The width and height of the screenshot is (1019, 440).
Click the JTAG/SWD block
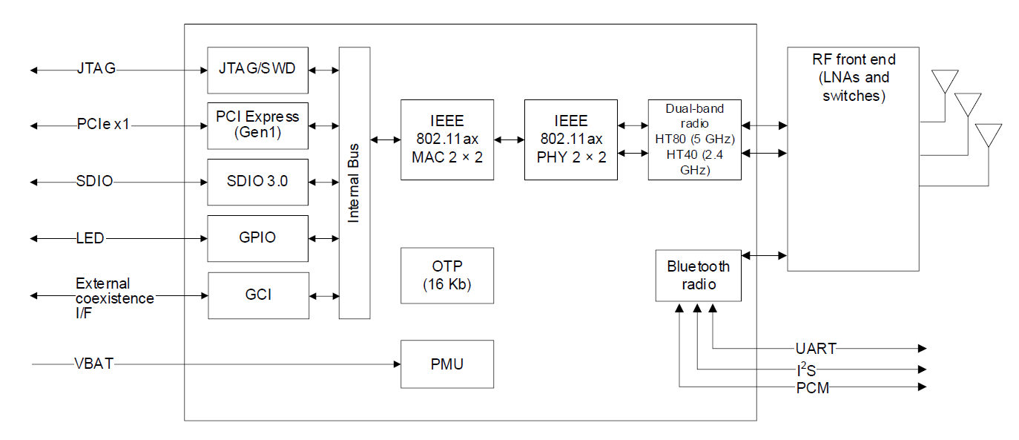coord(257,70)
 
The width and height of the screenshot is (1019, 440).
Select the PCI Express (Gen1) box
coord(257,125)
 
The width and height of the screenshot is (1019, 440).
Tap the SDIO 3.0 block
coord(257,182)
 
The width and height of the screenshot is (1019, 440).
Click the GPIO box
coord(257,238)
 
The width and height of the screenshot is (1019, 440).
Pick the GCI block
coord(258,295)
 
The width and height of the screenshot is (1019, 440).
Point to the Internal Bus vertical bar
coord(354,183)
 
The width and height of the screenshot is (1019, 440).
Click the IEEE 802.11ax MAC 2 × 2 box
coord(447,139)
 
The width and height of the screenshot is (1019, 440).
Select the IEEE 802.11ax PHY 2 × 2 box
coord(570,139)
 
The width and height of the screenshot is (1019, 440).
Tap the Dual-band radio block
coord(694,139)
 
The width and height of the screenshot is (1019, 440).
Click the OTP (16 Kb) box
coord(447,275)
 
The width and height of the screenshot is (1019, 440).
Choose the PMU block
coord(447,364)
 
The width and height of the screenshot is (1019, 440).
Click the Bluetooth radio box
coord(698,275)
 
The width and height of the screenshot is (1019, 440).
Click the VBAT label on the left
coord(94,364)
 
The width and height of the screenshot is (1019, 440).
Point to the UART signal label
coord(816,348)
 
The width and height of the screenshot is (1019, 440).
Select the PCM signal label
coord(813,387)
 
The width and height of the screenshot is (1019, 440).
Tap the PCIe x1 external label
coord(103,124)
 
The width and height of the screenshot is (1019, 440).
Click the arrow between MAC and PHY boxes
coord(509,139)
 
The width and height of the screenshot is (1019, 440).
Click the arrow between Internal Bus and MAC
coord(386,139)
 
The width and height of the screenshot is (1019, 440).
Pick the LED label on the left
coord(90,238)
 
